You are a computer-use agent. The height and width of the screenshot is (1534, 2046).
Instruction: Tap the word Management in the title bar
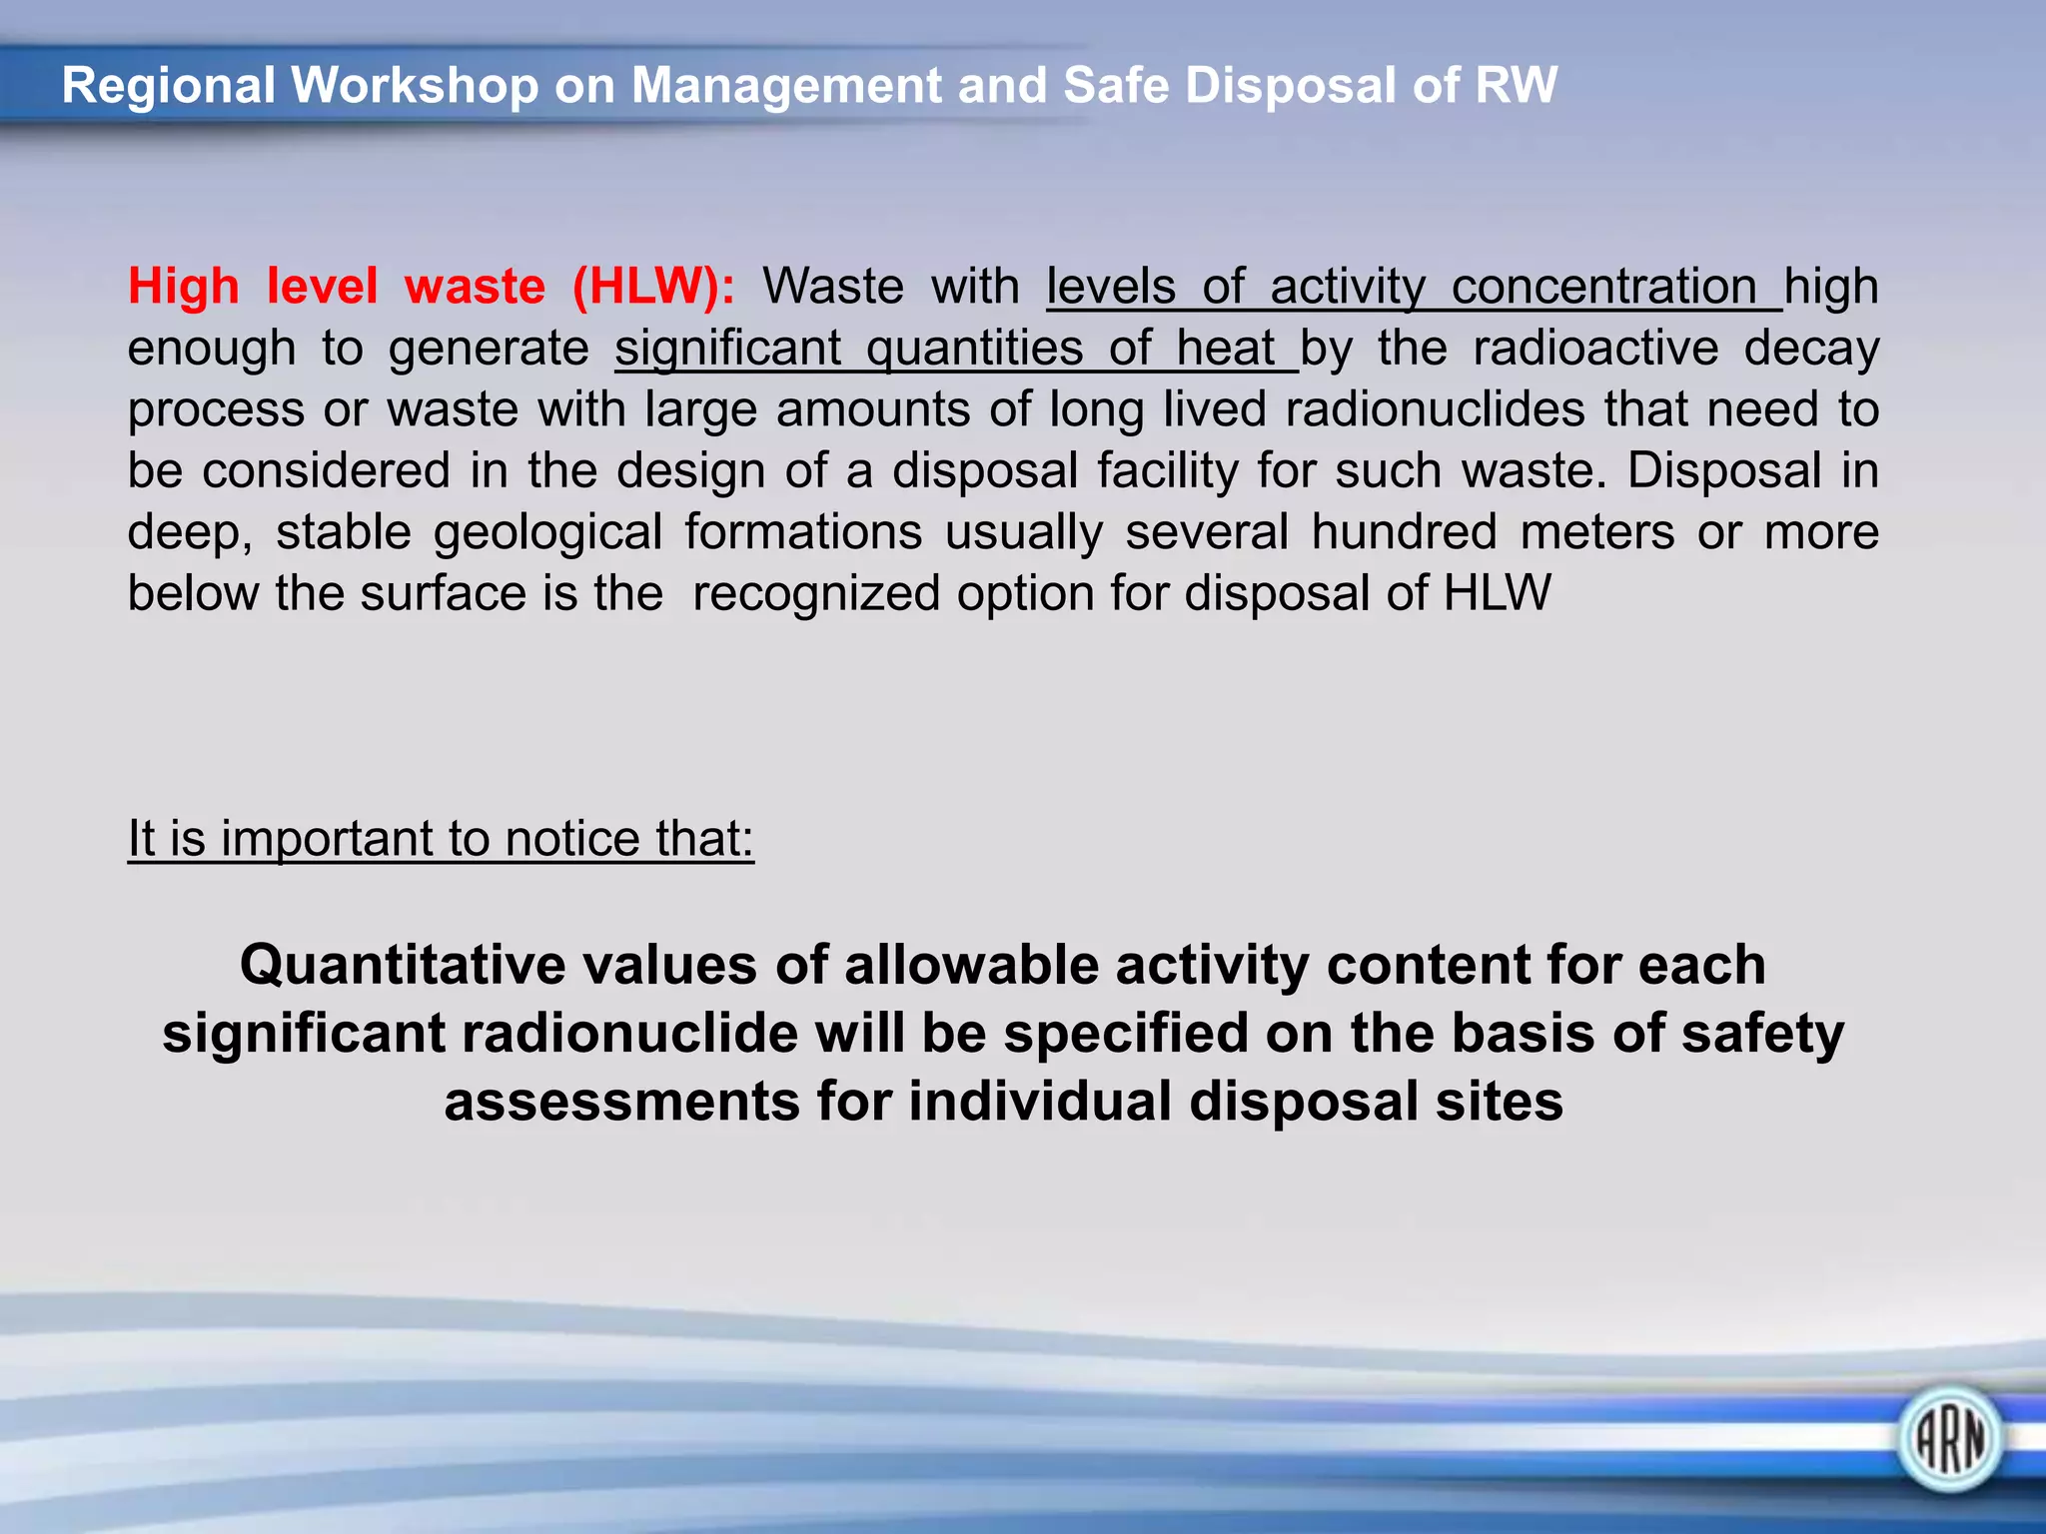tap(786, 87)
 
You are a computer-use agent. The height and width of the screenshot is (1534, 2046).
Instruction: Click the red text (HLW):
tap(653, 287)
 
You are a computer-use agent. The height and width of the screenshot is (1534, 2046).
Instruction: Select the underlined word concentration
tap(1604, 287)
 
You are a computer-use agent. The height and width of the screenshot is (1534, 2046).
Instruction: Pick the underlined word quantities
tap(974, 349)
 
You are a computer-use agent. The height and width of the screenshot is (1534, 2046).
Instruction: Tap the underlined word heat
tap(1225, 349)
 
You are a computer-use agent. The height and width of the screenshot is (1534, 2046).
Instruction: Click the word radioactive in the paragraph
tap(1595, 349)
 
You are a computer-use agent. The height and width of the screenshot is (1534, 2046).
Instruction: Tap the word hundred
tap(1404, 532)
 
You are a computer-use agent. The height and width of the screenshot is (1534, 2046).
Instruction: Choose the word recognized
tap(815, 595)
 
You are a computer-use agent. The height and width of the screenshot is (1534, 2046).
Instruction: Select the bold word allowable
tap(970, 966)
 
